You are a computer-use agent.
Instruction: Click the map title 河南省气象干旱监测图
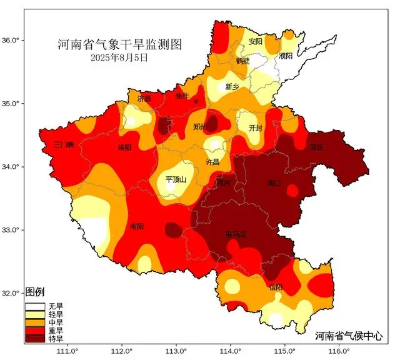[119, 44]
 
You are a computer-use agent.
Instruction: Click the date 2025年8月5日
[119, 57]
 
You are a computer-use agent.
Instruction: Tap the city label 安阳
[255, 42]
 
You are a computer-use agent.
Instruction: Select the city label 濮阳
[286, 56]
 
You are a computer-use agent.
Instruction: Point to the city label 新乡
[232, 87]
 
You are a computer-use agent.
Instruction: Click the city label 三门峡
[64, 144]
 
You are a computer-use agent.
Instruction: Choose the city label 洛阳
[124, 147]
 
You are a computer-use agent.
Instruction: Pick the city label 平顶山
[176, 179]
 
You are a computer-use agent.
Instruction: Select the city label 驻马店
[236, 235]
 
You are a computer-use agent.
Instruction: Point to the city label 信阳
[276, 287]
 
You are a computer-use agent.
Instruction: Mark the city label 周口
[274, 183]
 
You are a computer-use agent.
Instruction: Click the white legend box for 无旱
[36, 306]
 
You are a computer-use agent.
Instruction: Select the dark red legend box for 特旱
[36, 338]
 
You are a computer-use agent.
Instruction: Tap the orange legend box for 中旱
[36, 322]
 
